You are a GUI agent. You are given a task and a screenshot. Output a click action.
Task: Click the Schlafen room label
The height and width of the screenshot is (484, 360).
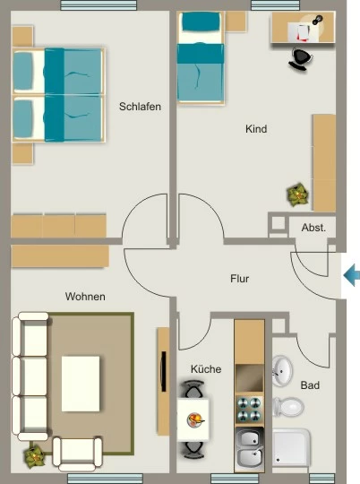140,107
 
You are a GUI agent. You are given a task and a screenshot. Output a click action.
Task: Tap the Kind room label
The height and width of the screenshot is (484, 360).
256,129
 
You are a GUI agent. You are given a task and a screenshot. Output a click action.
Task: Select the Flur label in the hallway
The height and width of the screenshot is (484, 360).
239,279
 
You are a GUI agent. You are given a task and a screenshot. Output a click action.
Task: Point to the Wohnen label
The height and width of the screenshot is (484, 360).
85,297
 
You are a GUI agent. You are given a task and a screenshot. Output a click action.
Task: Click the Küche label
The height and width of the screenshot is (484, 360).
206,369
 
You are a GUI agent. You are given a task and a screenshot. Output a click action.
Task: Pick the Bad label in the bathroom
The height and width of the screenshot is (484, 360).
310,385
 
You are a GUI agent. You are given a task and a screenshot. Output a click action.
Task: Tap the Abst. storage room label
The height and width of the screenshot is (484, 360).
313,228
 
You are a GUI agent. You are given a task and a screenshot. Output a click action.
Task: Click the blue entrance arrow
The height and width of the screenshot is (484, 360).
351,275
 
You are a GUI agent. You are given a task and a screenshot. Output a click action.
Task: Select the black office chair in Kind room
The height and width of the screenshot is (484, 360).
300,59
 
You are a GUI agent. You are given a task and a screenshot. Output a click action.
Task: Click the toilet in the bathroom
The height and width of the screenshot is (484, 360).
288,407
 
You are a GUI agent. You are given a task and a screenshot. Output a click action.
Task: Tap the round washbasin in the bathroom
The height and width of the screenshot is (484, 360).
282,371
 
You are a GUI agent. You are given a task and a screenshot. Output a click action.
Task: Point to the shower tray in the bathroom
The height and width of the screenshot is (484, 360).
291,447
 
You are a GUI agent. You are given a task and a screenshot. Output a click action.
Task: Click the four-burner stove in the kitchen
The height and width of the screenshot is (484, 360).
250,409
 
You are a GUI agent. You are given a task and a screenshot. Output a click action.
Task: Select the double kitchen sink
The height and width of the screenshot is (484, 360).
250,449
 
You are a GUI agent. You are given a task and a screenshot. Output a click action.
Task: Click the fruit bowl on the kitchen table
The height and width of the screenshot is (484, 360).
195,420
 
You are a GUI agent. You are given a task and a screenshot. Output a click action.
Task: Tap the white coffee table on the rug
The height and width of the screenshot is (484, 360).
81,384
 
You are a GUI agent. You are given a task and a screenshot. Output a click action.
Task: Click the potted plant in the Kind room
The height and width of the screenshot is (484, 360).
297,194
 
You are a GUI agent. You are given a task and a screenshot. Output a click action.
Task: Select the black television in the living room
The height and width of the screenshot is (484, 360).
164,371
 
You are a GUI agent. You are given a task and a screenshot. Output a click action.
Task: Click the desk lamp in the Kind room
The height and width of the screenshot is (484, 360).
317,20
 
